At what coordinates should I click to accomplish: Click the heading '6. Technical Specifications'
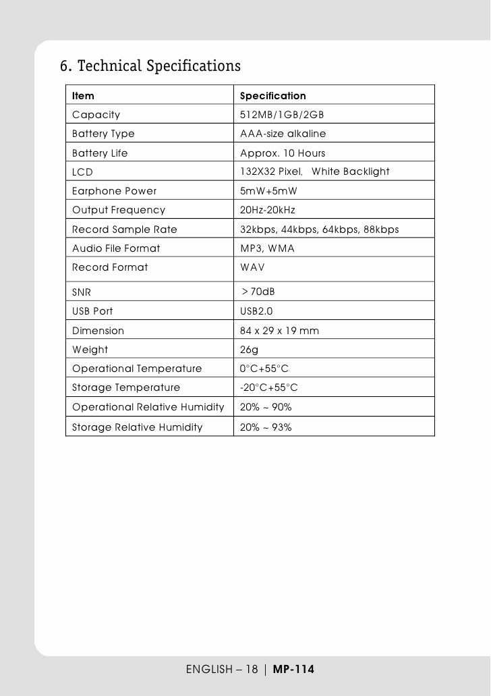point(150,67)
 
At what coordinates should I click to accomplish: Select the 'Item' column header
point(83,97)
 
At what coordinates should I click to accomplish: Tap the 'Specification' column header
point(272,97)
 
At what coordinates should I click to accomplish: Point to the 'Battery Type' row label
point(103,134)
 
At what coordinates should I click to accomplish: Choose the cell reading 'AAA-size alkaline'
point(283,134)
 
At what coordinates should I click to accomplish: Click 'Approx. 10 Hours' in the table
point(283,153)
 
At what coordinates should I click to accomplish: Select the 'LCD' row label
point(82,172)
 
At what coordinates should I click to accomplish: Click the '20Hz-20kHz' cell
point(268,210)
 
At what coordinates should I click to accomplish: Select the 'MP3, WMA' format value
point(267,248)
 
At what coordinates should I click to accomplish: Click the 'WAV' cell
point(253,267)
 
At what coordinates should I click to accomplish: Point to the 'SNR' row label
point(82,292)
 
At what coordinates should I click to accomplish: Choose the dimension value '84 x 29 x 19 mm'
point(280,331)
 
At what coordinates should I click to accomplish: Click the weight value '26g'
point(248,350)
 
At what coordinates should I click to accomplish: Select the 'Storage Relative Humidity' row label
point(137,427)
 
